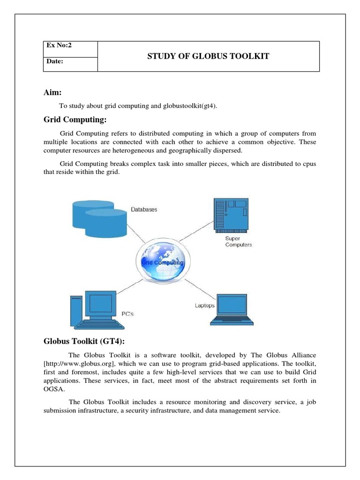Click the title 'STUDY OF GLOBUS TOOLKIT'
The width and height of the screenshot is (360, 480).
pyautogui.click(x=209, y=56)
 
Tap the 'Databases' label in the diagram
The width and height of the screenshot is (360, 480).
pyautogui.click(x=144, y=210)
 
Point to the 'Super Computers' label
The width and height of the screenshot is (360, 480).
pyautogui.click(x=238, y=241)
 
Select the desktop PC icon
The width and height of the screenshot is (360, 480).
pyautogui.click(x=94, y=309)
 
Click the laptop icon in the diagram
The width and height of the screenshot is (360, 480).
pyautogui.click(x=232, y=309)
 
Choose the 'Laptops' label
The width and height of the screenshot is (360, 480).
pyautogui.click(x=204, y=306)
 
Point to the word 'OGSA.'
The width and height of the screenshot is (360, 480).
pyautogui.click(x=53, y=389)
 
